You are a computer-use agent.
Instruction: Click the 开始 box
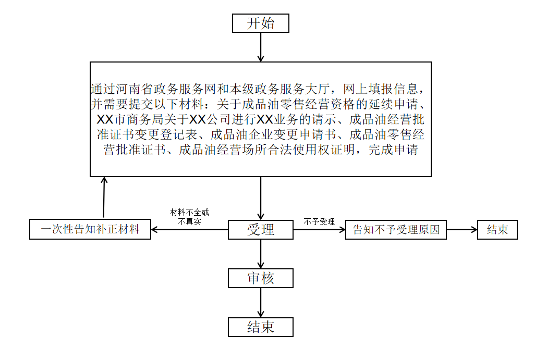coord(261,23)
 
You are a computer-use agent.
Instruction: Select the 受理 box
coord(261,229)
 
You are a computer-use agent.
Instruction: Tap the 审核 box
coord(261,278)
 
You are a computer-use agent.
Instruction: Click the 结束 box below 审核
coord(261,327)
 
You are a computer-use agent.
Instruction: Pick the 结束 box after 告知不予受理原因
coord(497,229)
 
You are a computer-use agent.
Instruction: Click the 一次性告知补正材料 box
coord(90,229)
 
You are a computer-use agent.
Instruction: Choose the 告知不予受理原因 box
coord(396,229)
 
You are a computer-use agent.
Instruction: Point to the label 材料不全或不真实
coord(189,217)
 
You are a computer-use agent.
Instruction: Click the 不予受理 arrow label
coord(319,221)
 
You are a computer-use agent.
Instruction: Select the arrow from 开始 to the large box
coord(261,47)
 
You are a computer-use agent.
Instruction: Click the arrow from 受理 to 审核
coord(261,254)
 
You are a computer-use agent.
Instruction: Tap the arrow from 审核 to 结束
coord(261,303)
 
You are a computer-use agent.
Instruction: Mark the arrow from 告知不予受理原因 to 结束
coord(462,229)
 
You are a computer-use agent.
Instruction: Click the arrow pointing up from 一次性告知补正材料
coord(104,198)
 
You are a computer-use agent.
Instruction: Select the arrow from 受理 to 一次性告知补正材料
coord(189,229)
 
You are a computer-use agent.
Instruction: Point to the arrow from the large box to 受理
coord(261,198)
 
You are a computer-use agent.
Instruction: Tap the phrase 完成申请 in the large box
coord(393,150)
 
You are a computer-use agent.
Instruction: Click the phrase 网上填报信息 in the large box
coord(381,89)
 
